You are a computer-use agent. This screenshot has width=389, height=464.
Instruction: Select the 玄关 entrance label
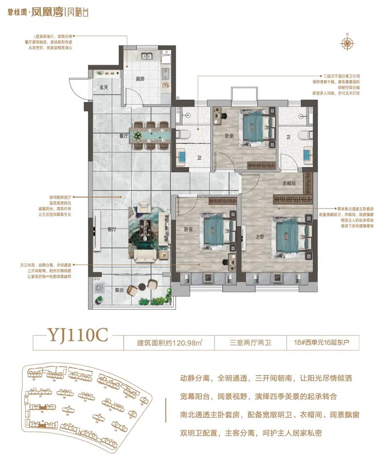coord(104,87)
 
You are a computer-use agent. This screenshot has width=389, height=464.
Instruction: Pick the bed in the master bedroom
coord(290,236)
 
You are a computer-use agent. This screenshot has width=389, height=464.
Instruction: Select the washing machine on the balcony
coord(99,288)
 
